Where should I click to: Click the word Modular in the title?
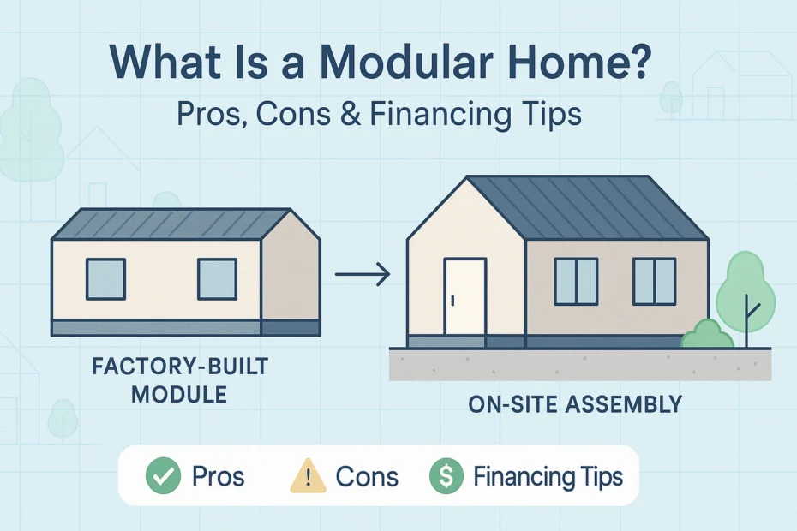(x=406, y=63)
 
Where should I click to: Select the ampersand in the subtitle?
(x=351, y=115)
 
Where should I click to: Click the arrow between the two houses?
(x=363, y=274)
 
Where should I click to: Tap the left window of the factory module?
(x=105, y=279)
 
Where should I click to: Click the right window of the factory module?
(x=217, y=279)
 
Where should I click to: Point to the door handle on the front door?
(x=452, y=301)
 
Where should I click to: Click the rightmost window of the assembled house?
(x=654, y=282)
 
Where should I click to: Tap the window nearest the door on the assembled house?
(x=576, y=282)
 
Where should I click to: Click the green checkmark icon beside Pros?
(x=163, y=475)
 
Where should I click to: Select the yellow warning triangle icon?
(x=308, y=476)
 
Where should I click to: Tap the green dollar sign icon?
(x=446, y=475)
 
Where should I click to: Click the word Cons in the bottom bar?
(x=367, y=477)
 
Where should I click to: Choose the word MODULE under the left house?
(x=179, y=395)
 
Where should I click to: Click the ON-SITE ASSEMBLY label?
(x=575, y=404)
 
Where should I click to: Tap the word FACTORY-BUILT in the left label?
(x=180, y=367)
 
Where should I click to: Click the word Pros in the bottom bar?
(x=218, y=477)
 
